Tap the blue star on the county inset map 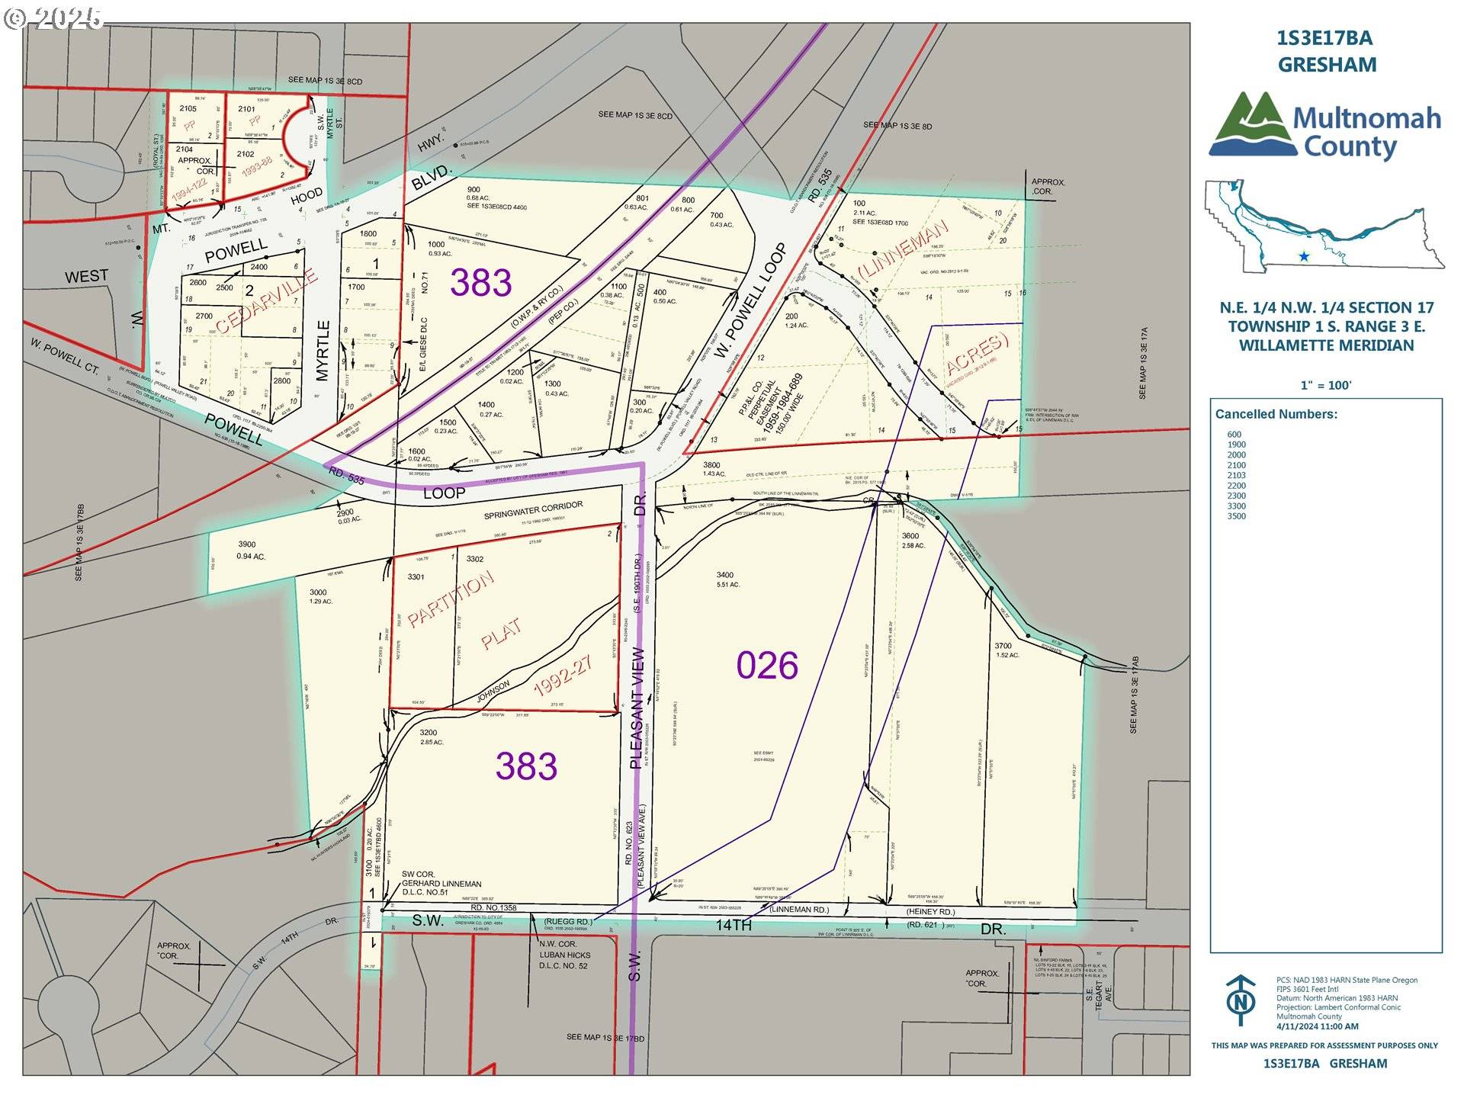(1304, 257)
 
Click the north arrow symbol (1241, 999)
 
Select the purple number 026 (767, 666)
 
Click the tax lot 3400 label (724, 575)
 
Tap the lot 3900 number (246, 544)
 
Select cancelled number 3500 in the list (1236, 516)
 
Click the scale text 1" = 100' (1326, 385)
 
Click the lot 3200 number (428, 732)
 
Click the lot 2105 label (188, 109)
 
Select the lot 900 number (474, 190)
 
